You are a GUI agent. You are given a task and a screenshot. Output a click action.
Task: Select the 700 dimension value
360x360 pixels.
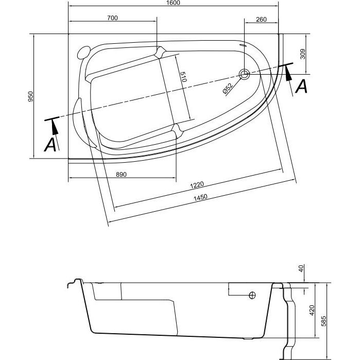click(112, 18)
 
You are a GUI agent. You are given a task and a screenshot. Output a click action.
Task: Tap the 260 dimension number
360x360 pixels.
click(261, 20)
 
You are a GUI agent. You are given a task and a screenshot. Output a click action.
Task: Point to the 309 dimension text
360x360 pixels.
click(303, 54)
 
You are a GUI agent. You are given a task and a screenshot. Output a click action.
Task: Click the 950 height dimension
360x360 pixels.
click(30, 96)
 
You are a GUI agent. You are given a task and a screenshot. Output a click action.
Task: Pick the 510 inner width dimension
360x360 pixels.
click(183, 77)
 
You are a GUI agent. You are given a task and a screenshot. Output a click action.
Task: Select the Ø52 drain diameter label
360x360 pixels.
click(228, 88)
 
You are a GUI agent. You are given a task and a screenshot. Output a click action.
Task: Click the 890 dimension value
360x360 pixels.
click(121, 175)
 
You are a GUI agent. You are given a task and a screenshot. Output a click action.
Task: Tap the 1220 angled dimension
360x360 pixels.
click(197, 185)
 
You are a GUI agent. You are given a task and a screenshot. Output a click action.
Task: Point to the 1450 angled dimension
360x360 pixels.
click(200, 197)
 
